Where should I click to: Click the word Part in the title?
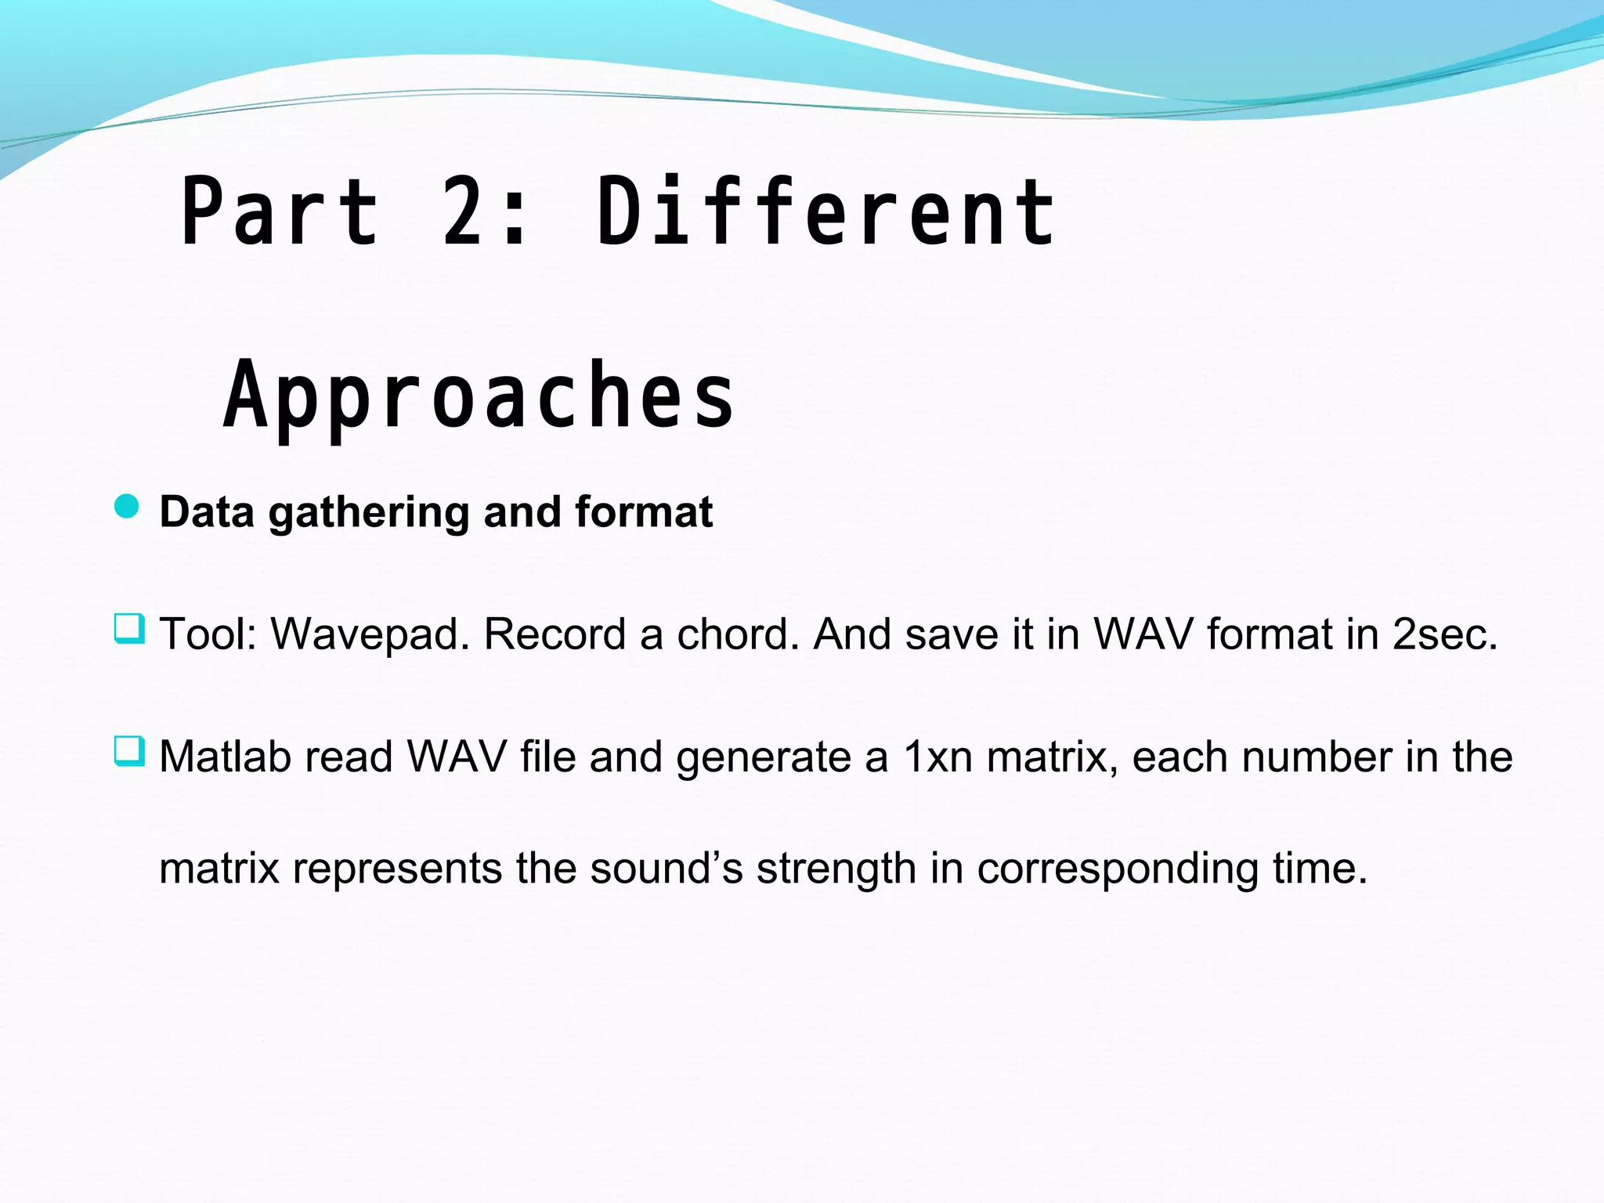click(x=280, y=211)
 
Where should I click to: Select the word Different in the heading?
click(x=825, y=211)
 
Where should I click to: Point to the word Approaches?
click(x=479, y=396)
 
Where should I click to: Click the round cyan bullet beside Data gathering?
click(x=127, y=507)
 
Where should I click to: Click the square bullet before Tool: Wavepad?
click(x=129, y=629)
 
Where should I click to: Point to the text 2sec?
click(x=1444, y=634)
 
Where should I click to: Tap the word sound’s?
click(x=666, y=869)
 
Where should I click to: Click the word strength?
click(x=836, y=870)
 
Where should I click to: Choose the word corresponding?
click(x=1118, y=870)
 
